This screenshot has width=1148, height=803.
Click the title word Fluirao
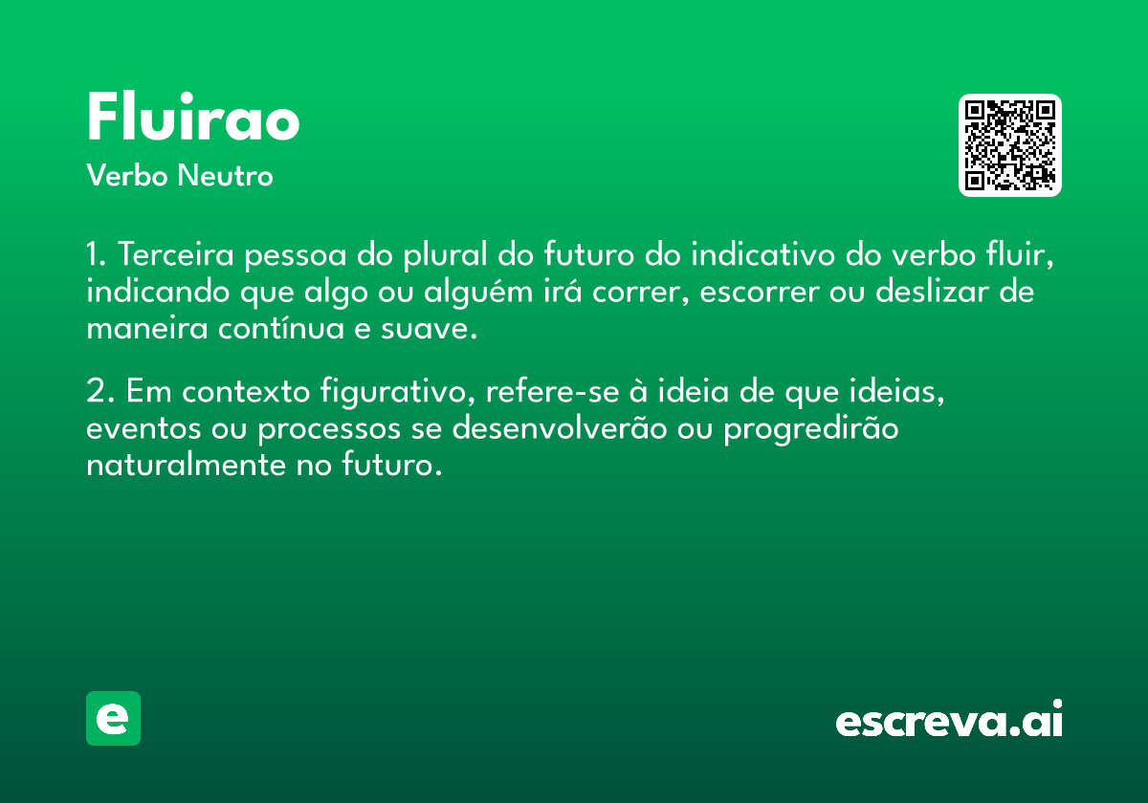193,117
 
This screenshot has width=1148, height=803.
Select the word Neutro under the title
225,175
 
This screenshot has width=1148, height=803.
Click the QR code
1009,145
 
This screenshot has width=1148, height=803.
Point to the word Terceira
176,254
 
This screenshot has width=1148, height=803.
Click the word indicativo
763,254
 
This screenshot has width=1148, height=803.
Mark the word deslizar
932,291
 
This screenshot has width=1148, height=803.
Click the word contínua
281,328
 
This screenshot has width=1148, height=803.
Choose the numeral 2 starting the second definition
97,391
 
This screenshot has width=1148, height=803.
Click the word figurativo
397,392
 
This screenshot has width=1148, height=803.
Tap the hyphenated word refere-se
553,391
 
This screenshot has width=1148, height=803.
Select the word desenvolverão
560,427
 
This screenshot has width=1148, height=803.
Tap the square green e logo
113,718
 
